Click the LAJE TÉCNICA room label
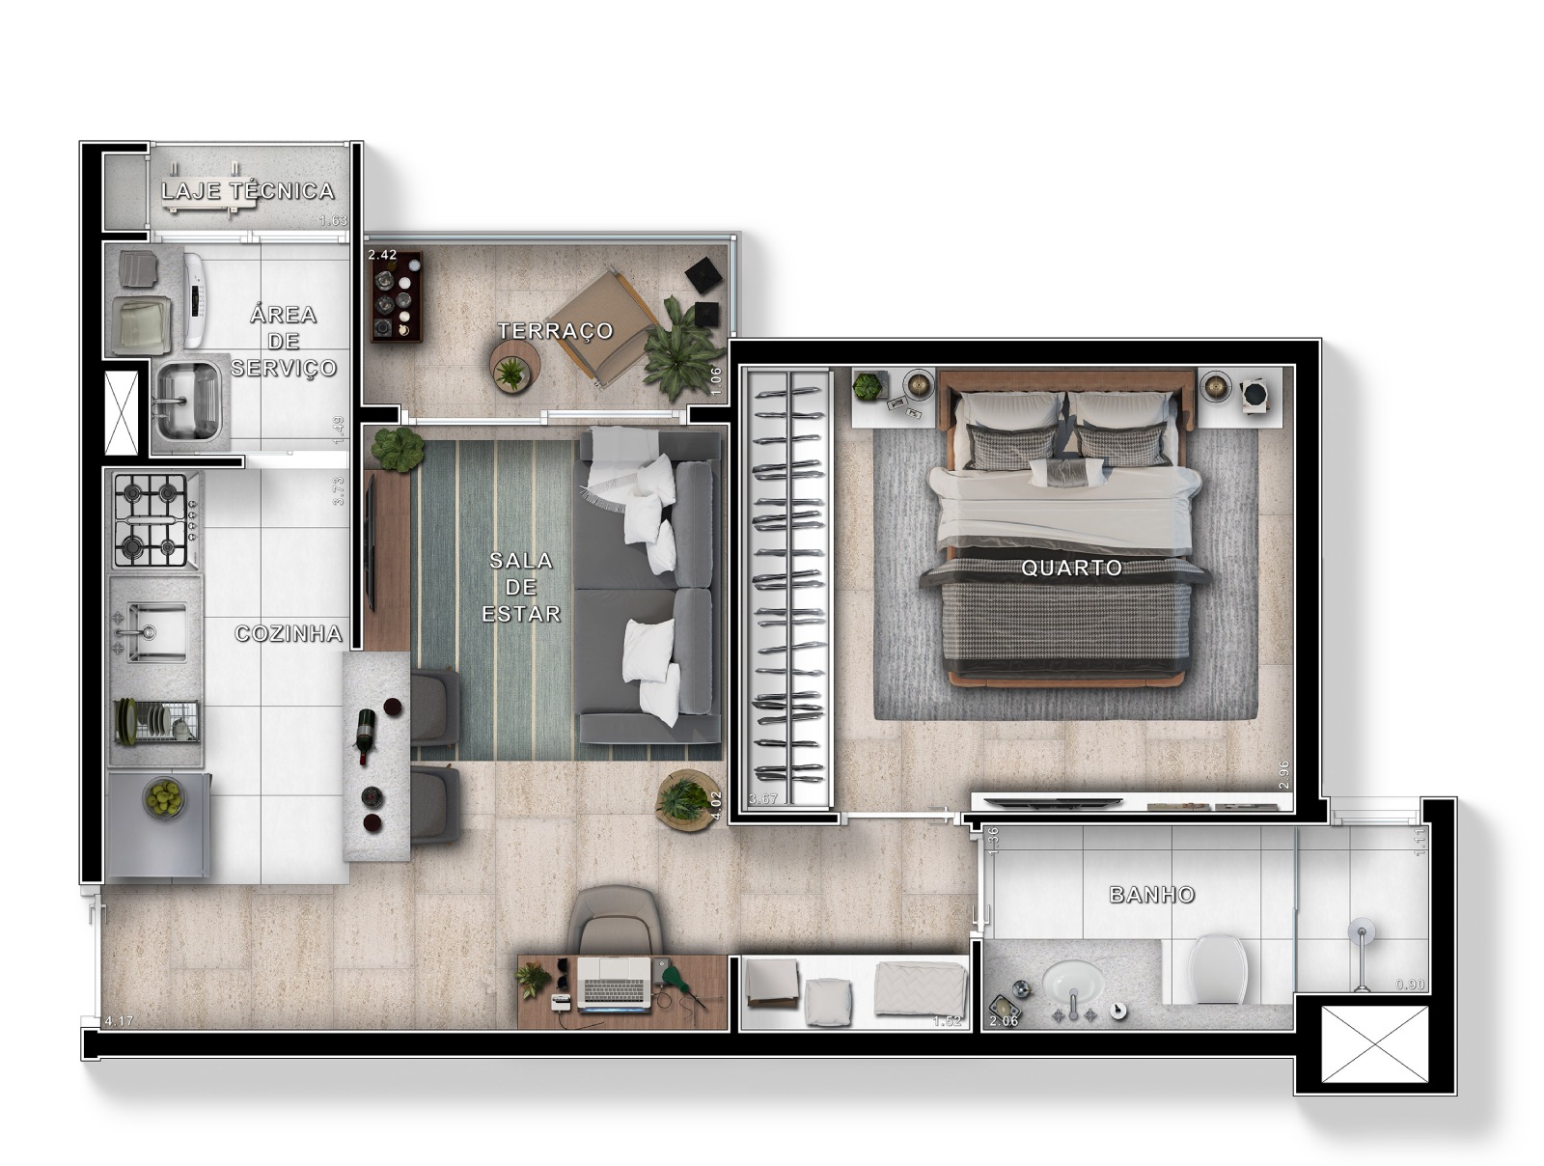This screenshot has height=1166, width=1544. point(247,191)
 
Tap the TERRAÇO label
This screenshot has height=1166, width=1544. point(555,331)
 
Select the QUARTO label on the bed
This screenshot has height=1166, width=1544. point(1071,568)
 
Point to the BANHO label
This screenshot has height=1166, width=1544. point(1151,895)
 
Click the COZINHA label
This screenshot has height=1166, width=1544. point(289,634)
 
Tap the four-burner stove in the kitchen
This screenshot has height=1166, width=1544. point(152,519)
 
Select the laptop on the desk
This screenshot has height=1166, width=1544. point(614,981)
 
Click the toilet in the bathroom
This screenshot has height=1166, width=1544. point(1218,967)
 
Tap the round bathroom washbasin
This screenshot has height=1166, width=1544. point(1073,984)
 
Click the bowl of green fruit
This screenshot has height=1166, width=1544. point(163,797)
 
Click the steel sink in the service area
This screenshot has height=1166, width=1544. point(187,400)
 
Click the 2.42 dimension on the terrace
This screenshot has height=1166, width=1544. point(382,255)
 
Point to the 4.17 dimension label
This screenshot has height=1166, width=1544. point(119,1020)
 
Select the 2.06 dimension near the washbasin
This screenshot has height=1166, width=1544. point(1004,1020)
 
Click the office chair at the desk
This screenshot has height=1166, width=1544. point(617,920)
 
